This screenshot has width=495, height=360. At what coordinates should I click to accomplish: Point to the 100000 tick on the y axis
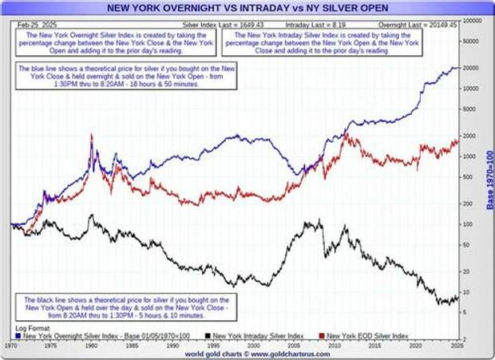[x=473, y=18]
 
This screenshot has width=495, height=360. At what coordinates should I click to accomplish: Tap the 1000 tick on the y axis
[x=470, y=156]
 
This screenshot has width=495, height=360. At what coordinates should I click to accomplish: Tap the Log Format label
[x=31, y=328]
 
